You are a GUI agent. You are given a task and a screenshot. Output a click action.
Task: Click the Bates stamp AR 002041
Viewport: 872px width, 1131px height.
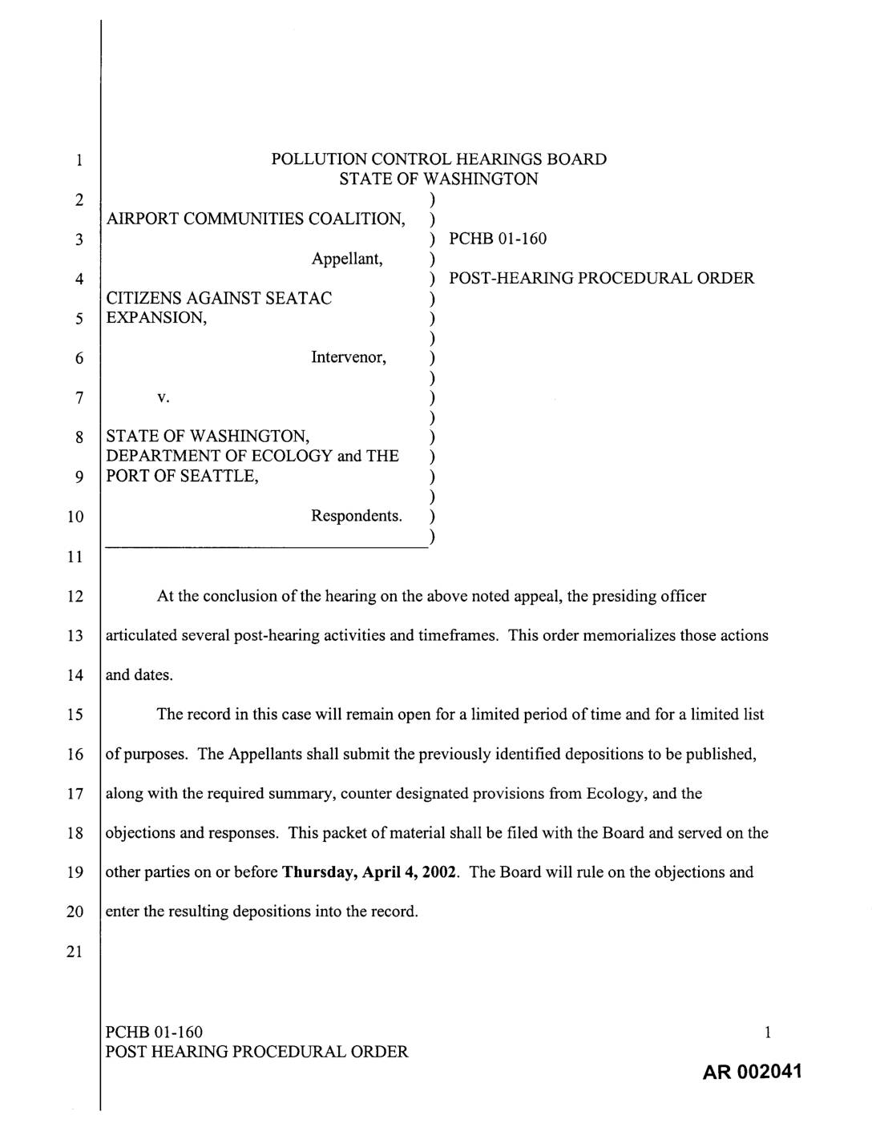tap(752, 1073)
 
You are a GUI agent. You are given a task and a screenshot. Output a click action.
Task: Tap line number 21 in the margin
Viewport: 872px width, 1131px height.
tap(75, 952)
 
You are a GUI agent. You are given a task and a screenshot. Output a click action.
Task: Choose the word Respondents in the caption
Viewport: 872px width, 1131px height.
tap(356, 516)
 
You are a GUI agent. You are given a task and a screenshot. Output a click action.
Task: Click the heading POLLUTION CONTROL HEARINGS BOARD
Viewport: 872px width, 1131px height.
tap(438, 159)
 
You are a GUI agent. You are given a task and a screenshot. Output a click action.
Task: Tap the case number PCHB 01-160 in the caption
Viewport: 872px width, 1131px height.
tap(498, 239)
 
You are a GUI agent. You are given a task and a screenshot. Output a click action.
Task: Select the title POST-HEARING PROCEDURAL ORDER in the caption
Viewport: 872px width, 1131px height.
tap(601, 279)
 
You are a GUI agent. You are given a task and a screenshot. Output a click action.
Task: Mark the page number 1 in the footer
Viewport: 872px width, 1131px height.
tap(767, 1032)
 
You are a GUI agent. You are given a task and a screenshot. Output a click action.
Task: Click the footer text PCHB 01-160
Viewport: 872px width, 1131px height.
tap(154, 1032)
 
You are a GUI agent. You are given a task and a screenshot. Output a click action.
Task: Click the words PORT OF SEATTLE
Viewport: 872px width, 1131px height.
tap(182, 477)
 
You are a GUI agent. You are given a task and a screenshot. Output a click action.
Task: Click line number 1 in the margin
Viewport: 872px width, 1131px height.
tap(78, 160)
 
